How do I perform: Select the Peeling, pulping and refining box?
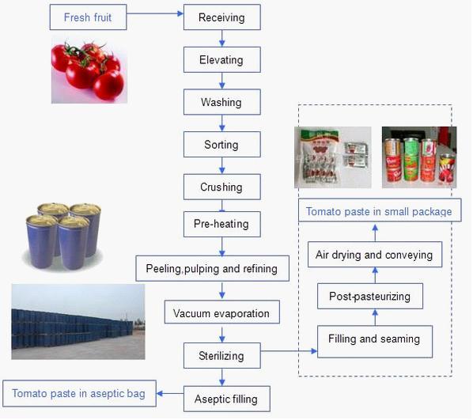[x=211, y=268]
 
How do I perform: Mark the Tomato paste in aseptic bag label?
[x=78, y=392]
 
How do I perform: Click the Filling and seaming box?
[x=373, y=339]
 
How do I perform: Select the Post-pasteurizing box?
[x=369, y=297]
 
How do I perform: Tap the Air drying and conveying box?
[x=373, y=255]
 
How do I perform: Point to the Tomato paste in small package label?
[x=379, y=211]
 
